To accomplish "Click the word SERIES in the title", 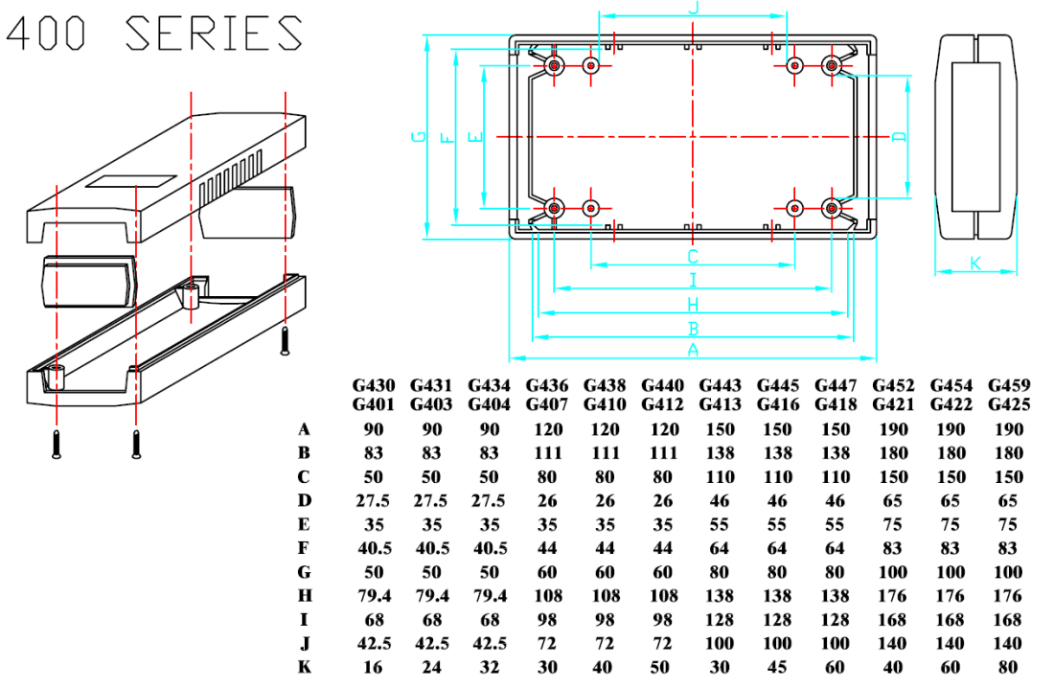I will click(215, 34).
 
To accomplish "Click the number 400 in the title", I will click(46, 34).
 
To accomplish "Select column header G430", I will click(374, 385).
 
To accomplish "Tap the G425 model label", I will click(1009, 404).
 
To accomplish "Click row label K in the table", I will click(305, 667).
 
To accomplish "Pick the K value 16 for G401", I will click(374, 667).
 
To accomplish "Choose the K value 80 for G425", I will click(1008, 667).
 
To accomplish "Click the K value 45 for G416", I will click(777, 667).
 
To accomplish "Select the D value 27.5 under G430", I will click(374, 500).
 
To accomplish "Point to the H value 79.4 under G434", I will click(488, 596).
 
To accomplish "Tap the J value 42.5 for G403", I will click(430, 643).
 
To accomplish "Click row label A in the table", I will click(305, 428).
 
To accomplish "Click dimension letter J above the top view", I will click(693, 8).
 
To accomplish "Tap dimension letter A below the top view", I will click(692, 350).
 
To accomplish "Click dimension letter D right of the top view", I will click(899, 136).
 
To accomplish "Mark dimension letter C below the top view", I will click(692, 257).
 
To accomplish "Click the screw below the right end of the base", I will click(285, 340).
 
